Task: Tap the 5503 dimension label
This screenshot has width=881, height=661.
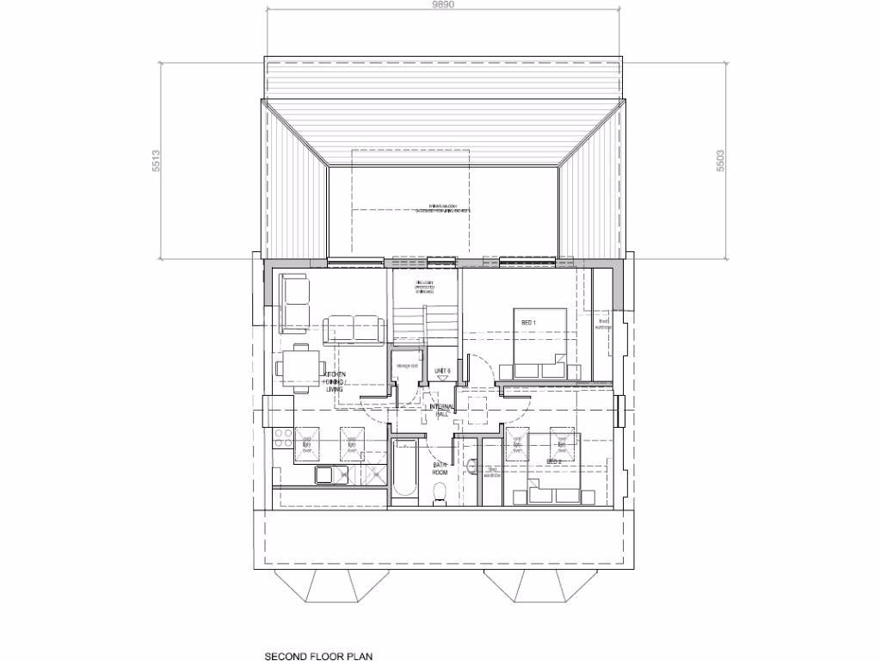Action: click(x=720, y=161)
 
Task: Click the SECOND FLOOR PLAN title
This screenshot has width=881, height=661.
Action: click(x=313, y=655)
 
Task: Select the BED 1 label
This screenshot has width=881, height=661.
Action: click(x=529, y=323)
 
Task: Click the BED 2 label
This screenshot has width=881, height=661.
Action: click(x=554, y=462)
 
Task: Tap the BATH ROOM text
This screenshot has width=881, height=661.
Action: click(x=440, y=469)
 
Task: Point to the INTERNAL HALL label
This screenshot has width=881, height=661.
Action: click(x=443, y=410)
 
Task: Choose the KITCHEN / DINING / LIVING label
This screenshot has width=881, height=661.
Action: click(x=334, y=382)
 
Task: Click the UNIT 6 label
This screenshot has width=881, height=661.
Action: click(x=442, y=371)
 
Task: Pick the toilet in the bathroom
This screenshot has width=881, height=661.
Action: click(x=440, y=493)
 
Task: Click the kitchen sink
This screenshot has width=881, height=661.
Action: click(x=326, y=474)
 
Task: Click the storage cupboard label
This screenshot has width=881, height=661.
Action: click(x=406, y=368)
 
